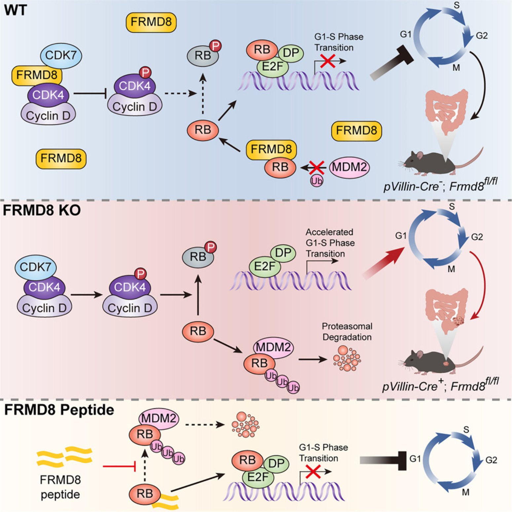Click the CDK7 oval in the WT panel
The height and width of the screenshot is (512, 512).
click(x=61, y=55)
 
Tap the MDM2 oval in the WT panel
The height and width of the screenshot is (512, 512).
click(x=349, y=167)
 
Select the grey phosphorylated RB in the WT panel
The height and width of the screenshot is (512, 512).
click(x=203, y=55)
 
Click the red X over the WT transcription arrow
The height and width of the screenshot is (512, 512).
click(x=328, y=61)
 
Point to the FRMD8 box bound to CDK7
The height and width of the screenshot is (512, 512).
click(x=37, y=75)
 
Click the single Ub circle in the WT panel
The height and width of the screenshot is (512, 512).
click(x=316, y=181)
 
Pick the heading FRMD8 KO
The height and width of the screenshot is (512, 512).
click(x=42, y=210)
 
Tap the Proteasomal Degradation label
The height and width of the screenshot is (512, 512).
click(x=347, y=332)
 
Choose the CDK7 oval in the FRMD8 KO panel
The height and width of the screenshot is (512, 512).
click(x=36, y=267)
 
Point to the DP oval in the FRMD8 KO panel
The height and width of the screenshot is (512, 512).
click(x=283, y=253)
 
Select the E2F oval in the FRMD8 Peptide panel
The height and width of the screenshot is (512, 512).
click(x=258, y=477)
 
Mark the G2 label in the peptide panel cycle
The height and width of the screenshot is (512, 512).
click(x=491, y=460)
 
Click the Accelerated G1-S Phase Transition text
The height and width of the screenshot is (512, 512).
click(x=330, y=243)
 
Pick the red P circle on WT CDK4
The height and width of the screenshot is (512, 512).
click(x=145, y=72)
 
